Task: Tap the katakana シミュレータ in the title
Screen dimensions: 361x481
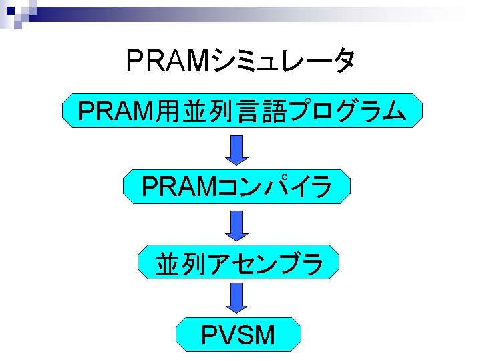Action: (283, 62)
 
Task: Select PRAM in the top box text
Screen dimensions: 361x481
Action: (116, 111)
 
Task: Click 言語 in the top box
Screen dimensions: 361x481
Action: (257, 111)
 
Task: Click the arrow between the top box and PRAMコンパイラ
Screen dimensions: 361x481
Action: (236, 150)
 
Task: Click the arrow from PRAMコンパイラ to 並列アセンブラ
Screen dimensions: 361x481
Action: (236, 225)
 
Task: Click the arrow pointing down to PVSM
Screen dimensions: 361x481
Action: (236, 299)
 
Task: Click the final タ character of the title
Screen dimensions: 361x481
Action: (341, 62)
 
